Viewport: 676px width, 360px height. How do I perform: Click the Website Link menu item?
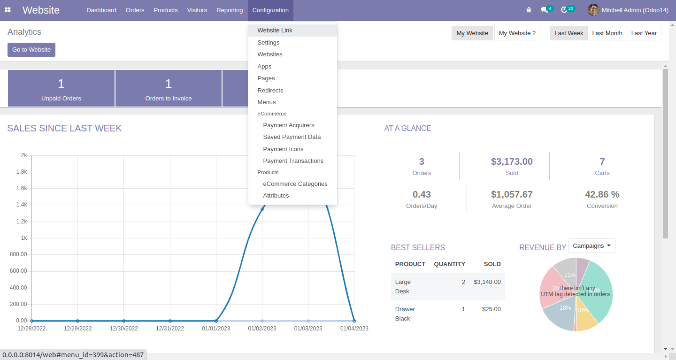[x=275, y=31]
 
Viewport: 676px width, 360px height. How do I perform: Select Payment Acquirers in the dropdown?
[x=288, y=125]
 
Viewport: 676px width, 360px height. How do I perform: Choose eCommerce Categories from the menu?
[x=295, y=184]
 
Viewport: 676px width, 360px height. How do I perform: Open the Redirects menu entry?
[x=270, y=90]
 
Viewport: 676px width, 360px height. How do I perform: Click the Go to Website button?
[x=31, y=50]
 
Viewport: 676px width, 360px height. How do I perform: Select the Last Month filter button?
[x=607, y=33]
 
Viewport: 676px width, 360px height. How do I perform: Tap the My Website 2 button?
[x=517, y=33]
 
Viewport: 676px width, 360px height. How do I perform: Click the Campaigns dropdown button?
[x=591, y=246]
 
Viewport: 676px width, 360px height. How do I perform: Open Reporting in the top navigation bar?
[x=230, y=10]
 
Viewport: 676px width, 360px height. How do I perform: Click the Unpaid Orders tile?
[x=61, y=89]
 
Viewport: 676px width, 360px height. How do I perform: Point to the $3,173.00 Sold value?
[x=512, y=161]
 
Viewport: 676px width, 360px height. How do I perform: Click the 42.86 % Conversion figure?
[x=602, y=194]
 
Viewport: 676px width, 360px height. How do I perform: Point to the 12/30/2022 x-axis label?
[x=124, y=329]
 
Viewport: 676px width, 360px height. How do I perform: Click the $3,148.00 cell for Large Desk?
[x=487, y=282]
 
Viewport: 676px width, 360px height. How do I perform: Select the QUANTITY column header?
[x=449, y=264]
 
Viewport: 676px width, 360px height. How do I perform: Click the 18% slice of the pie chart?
[x=563, y=312]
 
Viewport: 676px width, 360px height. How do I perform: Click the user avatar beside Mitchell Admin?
[x=593, y=10]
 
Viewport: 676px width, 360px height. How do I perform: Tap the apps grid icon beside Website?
[x=8, y=10]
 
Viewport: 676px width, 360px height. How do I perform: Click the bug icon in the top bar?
[x=529, y=10]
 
